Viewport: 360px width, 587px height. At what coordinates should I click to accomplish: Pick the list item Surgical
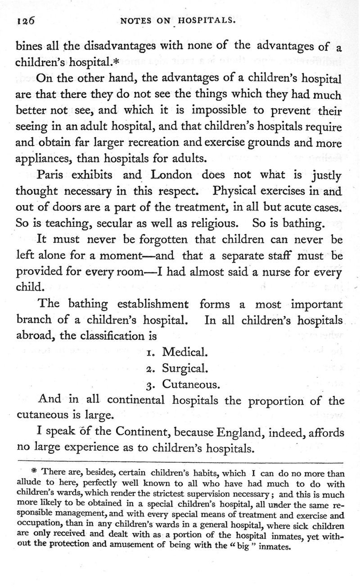click(184, 368)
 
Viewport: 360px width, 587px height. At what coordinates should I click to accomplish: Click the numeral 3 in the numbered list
click(151, 385)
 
